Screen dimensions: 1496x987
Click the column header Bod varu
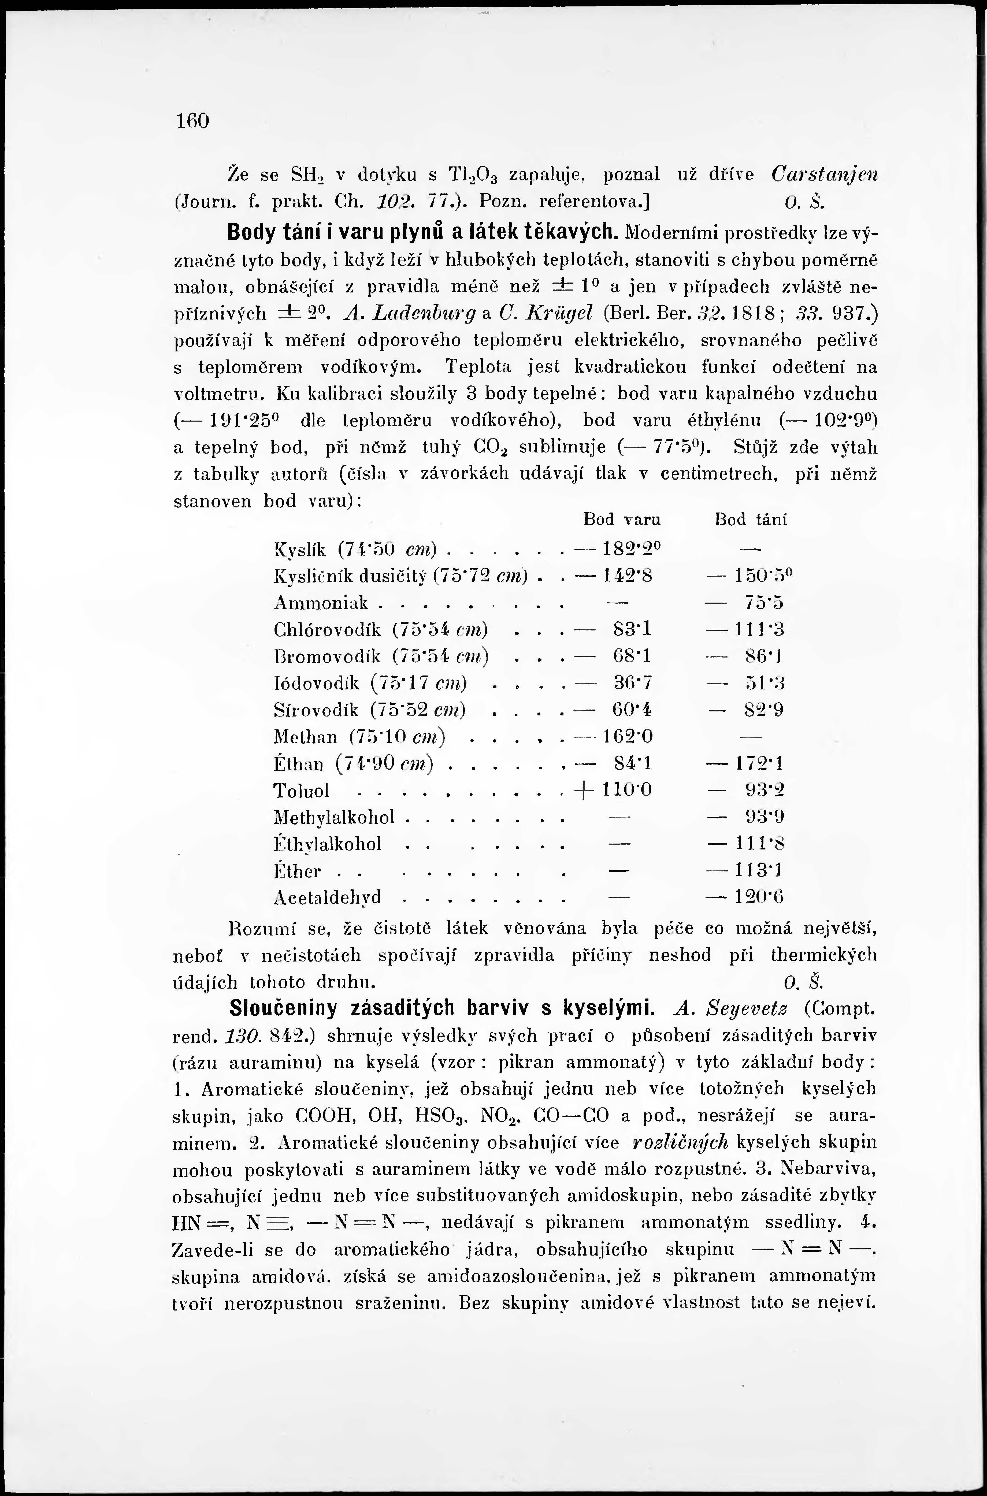pyautogui.click(x=622, y=520)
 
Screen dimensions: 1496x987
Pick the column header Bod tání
pyautogui.click(x=752, y=520)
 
